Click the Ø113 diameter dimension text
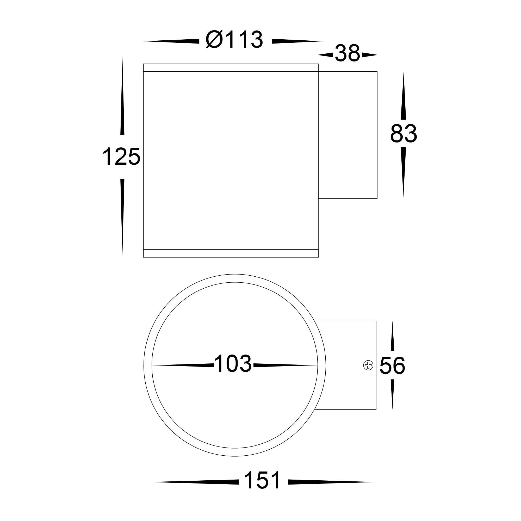[x=234, y=40]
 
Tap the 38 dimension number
[x=347, y=54]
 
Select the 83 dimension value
[x=404, y=134]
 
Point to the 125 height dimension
[x=121, y=157]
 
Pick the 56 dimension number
[x=392, y=366]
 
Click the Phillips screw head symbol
[x=368, y=366]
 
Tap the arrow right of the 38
[x=370, y=55]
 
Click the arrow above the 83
[x=404, y=97]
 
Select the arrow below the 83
[x=404, y=171]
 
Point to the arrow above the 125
[x=122, y=97]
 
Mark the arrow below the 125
[x=122, y=216]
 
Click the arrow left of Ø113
[x=171, y=41]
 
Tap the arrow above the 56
[x=392, y=337]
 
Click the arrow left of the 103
[x=183, y=365]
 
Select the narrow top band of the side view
[x=231, y=68]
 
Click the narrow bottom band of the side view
[x=231, y=253]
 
